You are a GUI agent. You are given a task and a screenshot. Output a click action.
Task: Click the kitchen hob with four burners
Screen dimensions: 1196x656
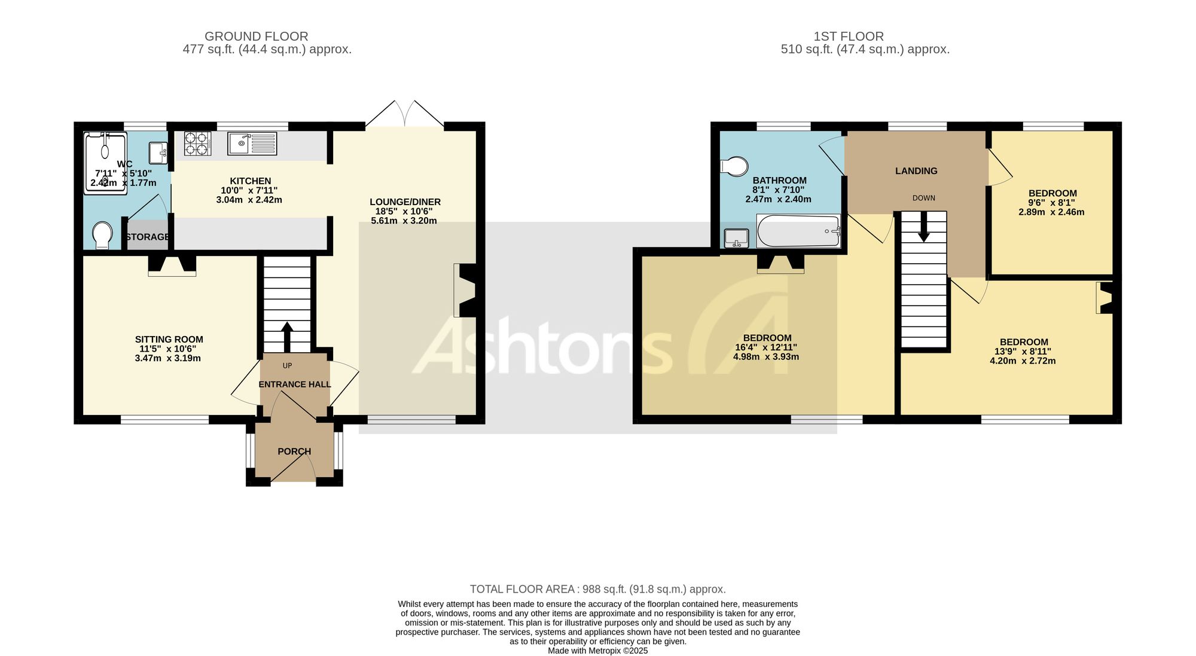click(197, 144)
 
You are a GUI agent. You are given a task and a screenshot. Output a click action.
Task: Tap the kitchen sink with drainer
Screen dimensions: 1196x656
click(252, 144)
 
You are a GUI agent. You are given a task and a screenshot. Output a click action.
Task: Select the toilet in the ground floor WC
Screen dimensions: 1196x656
click(103, 236)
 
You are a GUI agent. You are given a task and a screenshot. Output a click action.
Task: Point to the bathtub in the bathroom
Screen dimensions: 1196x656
click(799, 231)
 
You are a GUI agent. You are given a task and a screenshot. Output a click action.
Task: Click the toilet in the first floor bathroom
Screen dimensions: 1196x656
click(735, 166)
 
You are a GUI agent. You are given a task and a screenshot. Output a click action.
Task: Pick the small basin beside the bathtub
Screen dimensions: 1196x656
click(737, 238)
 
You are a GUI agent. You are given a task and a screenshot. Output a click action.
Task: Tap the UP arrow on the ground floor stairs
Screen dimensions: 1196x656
click(287, 337)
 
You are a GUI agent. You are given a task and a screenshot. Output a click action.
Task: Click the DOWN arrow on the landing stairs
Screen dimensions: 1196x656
click(924, 227)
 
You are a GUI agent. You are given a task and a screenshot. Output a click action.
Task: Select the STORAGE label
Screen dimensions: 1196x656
click(148, 237)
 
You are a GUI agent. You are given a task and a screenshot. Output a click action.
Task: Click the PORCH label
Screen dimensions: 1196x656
click(294, 451)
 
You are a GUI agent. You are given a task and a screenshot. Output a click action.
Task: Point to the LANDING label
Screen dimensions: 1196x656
click(916, 171)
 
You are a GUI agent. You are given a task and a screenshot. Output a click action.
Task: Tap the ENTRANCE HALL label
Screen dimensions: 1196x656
click(295, 385)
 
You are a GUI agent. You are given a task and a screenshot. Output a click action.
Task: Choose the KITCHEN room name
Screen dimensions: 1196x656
click(251, 181)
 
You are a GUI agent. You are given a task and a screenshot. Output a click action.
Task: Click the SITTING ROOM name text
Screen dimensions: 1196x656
click(169, 340)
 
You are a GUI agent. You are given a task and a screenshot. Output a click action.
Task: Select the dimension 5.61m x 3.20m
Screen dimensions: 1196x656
click(404, 221)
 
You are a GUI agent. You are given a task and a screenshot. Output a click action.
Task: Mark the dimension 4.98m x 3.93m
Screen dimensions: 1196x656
click(766, 357)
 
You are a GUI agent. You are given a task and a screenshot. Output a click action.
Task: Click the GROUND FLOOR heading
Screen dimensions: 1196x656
click(257, 36)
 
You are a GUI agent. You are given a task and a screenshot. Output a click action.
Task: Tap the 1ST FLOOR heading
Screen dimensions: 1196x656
click(849, 36)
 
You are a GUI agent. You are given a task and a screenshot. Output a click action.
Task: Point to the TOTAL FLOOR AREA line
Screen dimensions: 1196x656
click(598, 589)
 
